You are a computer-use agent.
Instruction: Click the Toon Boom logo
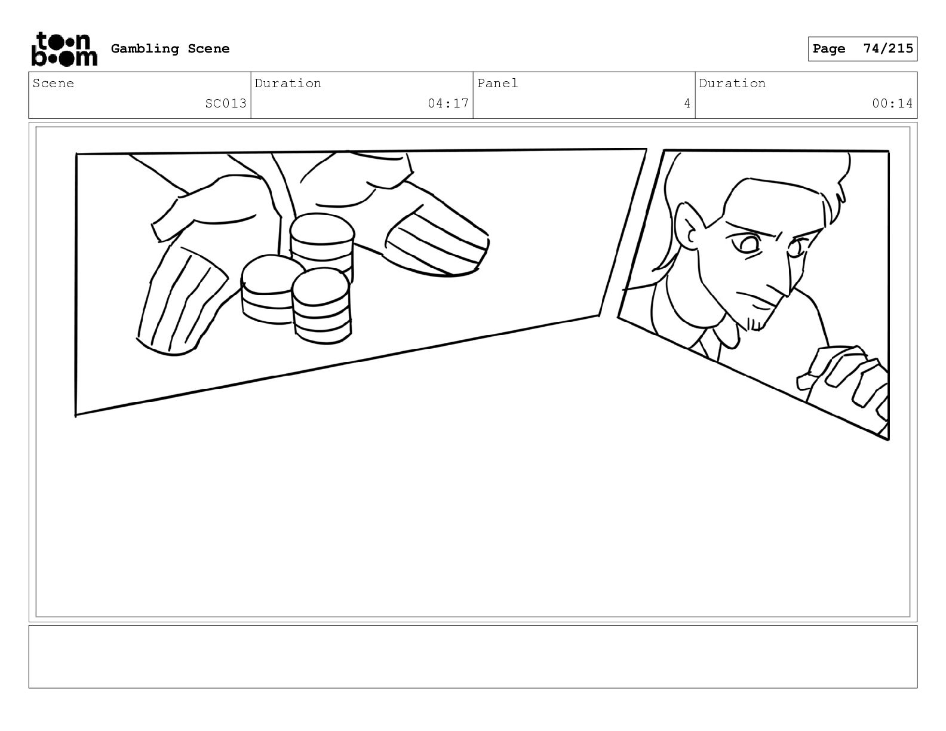(64, 49)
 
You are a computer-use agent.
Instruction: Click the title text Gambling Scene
(170, 49)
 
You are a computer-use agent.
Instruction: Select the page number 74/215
(888, 48)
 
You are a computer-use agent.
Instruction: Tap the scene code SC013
(226, 104)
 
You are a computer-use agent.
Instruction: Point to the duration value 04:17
(448, 104)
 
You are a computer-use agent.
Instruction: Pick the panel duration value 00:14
(892, 104)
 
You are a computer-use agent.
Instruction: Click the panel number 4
(687, 104)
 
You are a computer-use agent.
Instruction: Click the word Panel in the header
(497, 83)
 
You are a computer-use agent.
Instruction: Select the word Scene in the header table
(53, 83)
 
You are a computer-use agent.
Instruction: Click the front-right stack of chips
(321, 306)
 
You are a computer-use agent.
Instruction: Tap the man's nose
(789, 279)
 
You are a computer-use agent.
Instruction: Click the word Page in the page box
(829, 49)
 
